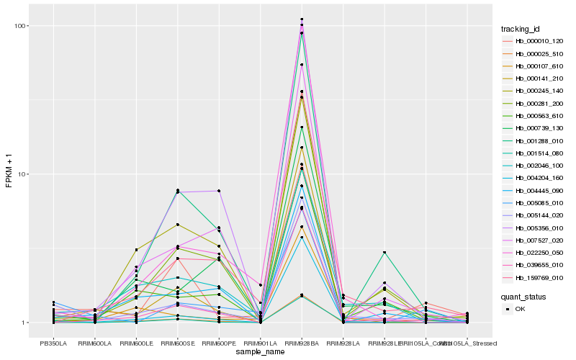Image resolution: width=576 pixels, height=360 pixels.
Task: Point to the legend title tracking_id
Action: click(x=521, y=29)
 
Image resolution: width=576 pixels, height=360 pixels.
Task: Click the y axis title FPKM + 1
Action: click(x=9, y=173)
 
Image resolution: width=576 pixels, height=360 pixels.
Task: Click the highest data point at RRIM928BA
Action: click(x=302, y=19)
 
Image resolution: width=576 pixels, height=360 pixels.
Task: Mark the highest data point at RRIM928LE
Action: click(x=384, y=252)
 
